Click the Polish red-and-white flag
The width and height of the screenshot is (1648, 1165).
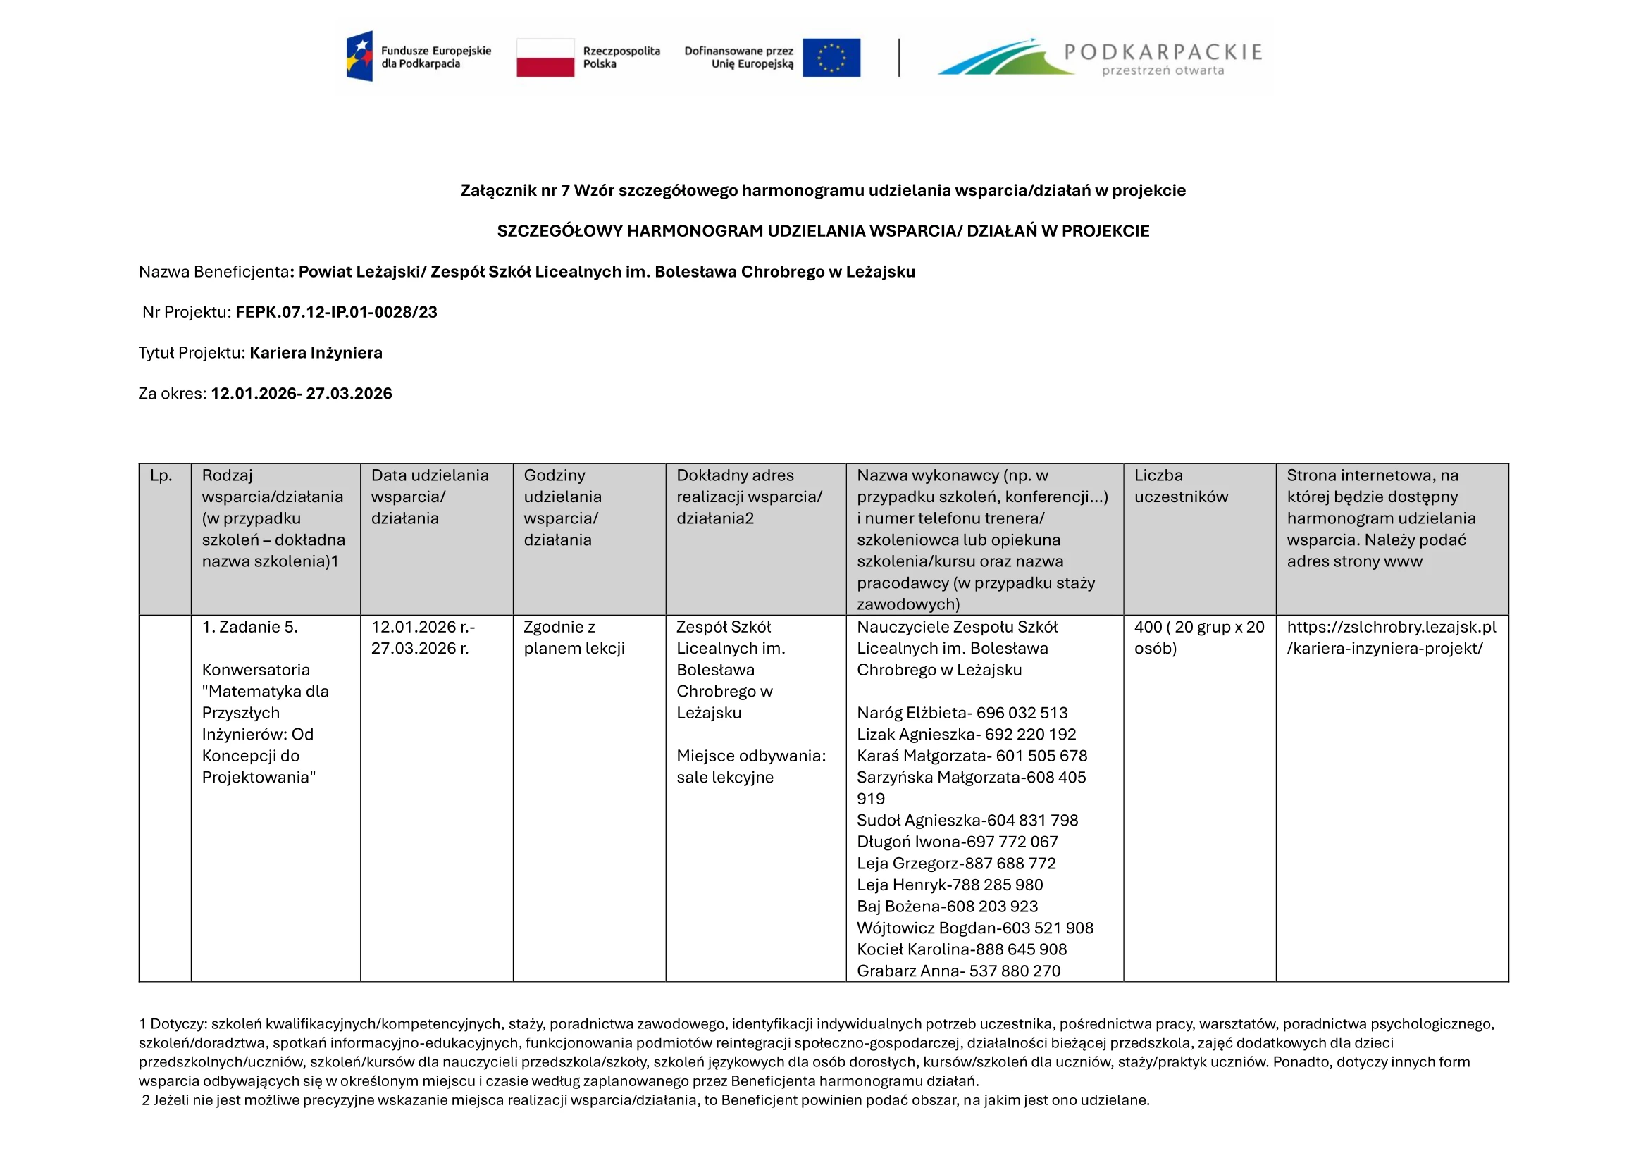pos(545,57)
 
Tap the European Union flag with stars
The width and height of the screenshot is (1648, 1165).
pos(831,57)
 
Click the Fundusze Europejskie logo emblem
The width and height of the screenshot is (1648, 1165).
pos(359,56)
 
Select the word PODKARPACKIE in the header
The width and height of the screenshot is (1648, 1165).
pos(1163,51)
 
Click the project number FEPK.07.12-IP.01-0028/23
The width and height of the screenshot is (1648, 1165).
pos(336,312)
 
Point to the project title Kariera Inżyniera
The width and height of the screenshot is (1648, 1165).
pos(316,353)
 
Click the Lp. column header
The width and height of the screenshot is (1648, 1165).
pos(161,475)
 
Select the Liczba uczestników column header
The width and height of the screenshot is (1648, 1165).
pos(1181,486)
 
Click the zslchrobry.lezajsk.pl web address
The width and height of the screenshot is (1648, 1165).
pos(1391,637)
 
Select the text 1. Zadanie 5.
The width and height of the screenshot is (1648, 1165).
pos(250,627)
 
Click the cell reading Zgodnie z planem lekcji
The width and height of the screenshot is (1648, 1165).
pos(574,637)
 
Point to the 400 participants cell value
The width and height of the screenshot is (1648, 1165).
pos(1198,637)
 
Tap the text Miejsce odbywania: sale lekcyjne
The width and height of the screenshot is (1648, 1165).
pos(751,767)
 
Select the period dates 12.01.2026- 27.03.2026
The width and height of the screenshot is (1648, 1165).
pos(302,394)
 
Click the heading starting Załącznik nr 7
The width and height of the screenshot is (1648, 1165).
pos(822,191)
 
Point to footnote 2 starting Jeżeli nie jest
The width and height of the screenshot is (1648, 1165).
pos(645,1100)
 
